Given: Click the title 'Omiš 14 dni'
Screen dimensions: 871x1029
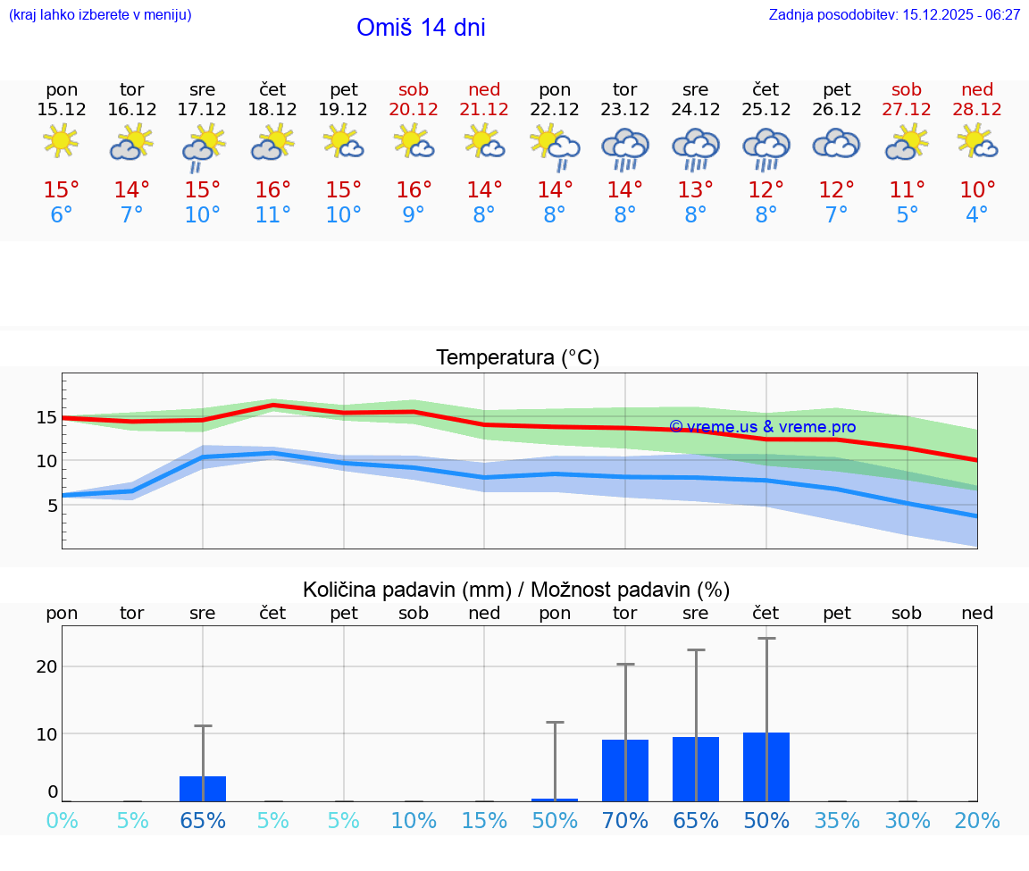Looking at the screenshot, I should [421, 28].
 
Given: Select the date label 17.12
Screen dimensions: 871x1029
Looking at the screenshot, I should [203, 109].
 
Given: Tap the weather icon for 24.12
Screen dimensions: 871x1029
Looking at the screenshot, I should [696, 147].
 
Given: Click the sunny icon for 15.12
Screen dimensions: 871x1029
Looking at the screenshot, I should [61, 141].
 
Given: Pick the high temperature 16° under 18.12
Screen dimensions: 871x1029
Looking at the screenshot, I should [273, 189].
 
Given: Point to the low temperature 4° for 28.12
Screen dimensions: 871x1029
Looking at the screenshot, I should [977, 214].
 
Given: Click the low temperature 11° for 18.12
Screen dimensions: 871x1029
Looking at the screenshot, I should [273, 214].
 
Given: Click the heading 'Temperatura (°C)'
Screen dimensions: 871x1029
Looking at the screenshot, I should [517, 358].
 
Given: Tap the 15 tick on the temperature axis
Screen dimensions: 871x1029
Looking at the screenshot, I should [47, 417].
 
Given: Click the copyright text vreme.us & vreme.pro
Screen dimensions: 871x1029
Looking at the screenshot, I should [762, 427].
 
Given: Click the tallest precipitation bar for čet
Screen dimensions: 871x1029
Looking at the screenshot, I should [766, 766].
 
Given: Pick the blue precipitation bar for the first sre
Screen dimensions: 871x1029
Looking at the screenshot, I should [203, 788].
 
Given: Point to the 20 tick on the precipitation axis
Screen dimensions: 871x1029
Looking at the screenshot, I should [46, 666].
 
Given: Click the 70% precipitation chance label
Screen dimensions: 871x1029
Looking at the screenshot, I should [625, 820].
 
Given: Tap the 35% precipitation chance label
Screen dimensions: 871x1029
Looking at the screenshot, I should [837, 820].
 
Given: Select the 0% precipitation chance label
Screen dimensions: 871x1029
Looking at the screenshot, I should [62, 820].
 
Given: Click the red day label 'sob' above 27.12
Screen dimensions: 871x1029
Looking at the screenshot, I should [907, 89].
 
